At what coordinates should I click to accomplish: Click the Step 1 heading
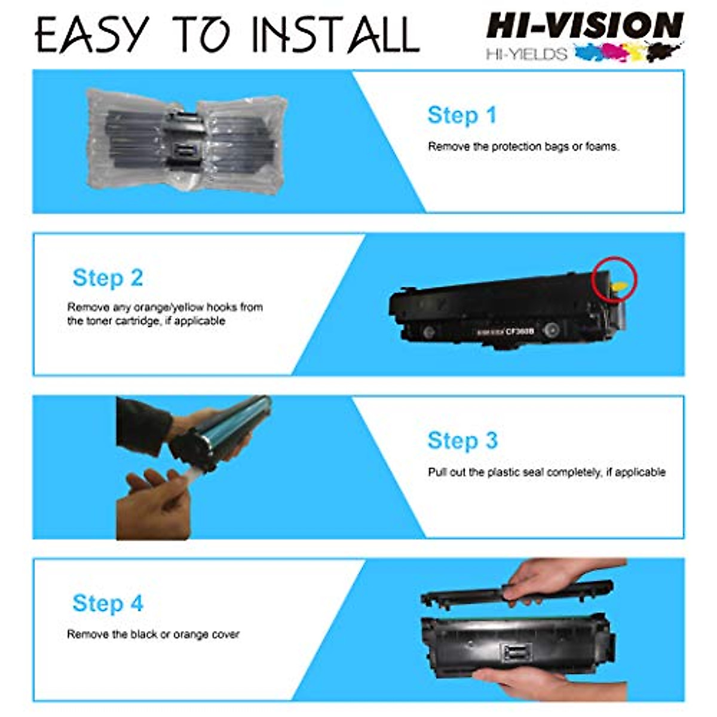[462, 115]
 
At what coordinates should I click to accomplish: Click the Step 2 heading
[108, 278]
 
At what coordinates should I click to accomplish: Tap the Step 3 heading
[462, 440]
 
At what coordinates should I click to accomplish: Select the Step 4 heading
[108, 603]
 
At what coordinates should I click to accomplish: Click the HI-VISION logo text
[584, 27]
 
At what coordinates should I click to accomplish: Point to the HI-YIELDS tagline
[526, 54]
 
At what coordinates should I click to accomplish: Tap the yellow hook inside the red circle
[620, 287]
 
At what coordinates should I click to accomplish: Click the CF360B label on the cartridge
[520, 330]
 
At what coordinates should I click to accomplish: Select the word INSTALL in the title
[335, 35]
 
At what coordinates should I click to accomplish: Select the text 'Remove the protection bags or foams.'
[523, 146]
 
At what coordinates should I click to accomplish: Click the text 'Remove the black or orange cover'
[153, 634]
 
